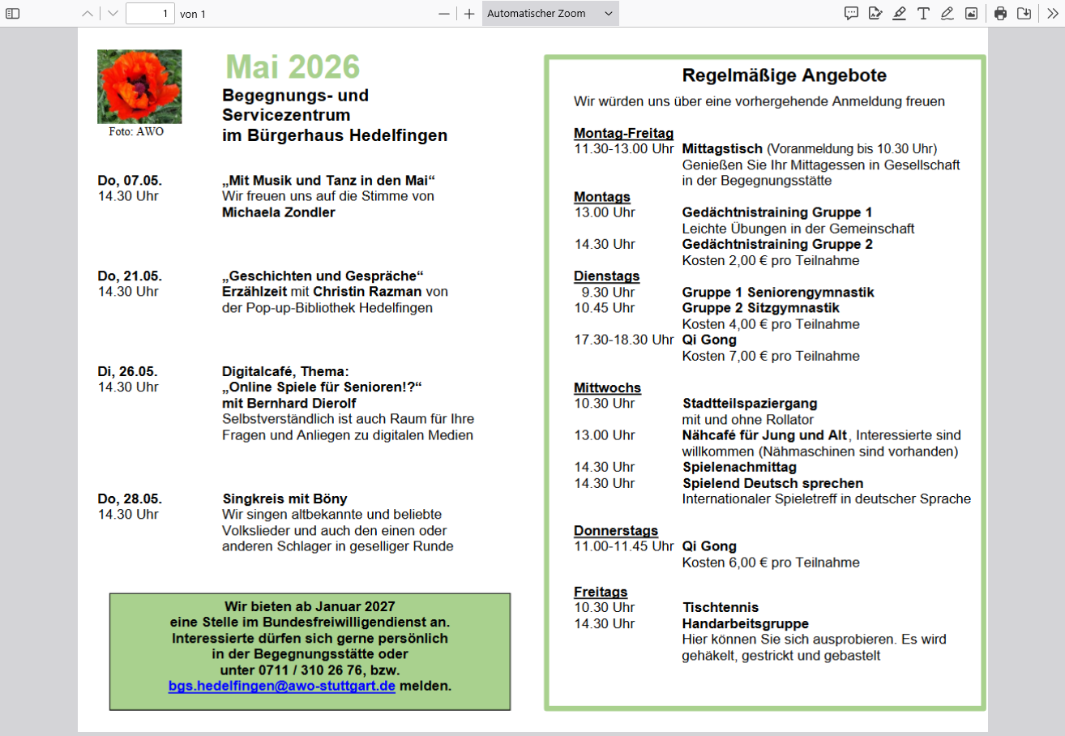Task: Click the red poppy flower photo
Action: coord(139,86)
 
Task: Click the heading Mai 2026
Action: coord(293,67)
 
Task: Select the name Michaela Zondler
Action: coord(278,212)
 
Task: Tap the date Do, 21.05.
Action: coord(130,276)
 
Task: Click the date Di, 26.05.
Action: coord(128,371)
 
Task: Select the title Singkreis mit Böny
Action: coord(284,499)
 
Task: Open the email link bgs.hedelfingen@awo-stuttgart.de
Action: coord(281,686)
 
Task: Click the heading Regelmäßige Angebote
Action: coord(784,76)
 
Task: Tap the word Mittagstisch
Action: coord(722,149)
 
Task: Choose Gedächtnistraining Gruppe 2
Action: coord(777,244)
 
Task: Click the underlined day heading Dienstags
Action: coord(606,276)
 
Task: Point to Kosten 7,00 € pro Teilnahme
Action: coord(771,356)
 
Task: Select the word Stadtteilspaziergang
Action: coord(750,403)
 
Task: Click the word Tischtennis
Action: coord(721,607)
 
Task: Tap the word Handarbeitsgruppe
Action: coord(745,623)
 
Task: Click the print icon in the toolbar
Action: coord(1000,13)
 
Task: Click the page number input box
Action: coord(150,14)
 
